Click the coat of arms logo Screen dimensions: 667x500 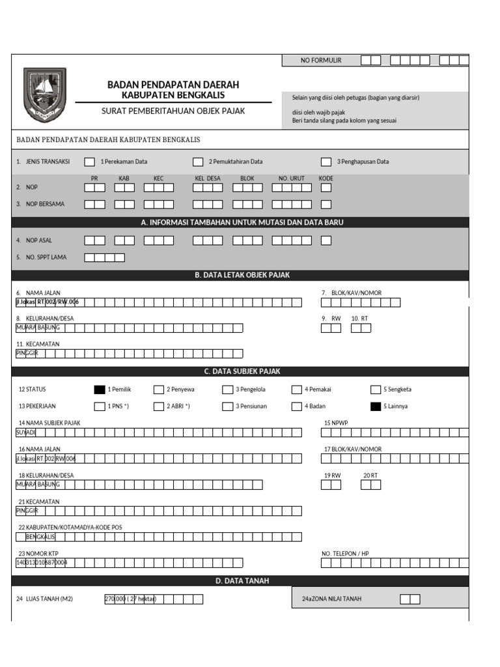point(44,96)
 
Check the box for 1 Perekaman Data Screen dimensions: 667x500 point(89,162)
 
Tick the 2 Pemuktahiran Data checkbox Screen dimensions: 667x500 point(198,162)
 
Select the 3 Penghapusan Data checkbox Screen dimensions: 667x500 point(326,162)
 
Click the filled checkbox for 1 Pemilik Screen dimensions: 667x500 point(99,390)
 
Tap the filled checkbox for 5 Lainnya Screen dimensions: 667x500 point(375,406)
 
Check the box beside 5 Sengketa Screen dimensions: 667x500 point(376,390)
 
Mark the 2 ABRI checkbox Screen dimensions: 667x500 point(159,406)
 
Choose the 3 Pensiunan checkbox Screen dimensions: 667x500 point(227,406)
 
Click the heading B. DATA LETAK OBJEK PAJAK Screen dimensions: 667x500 point(242,275)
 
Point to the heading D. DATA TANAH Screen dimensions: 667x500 point(242,580)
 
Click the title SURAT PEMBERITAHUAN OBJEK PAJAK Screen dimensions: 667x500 point(173,111)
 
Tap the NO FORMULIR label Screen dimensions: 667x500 point(320,61)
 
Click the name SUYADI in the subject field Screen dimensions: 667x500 point(26,433)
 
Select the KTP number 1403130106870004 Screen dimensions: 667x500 point(41,562)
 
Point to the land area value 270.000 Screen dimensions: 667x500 point(115,599)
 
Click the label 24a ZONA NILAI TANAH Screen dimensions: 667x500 point(327,599)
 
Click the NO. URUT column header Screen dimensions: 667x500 point(292,178)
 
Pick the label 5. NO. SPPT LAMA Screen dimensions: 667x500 point(42,257)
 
